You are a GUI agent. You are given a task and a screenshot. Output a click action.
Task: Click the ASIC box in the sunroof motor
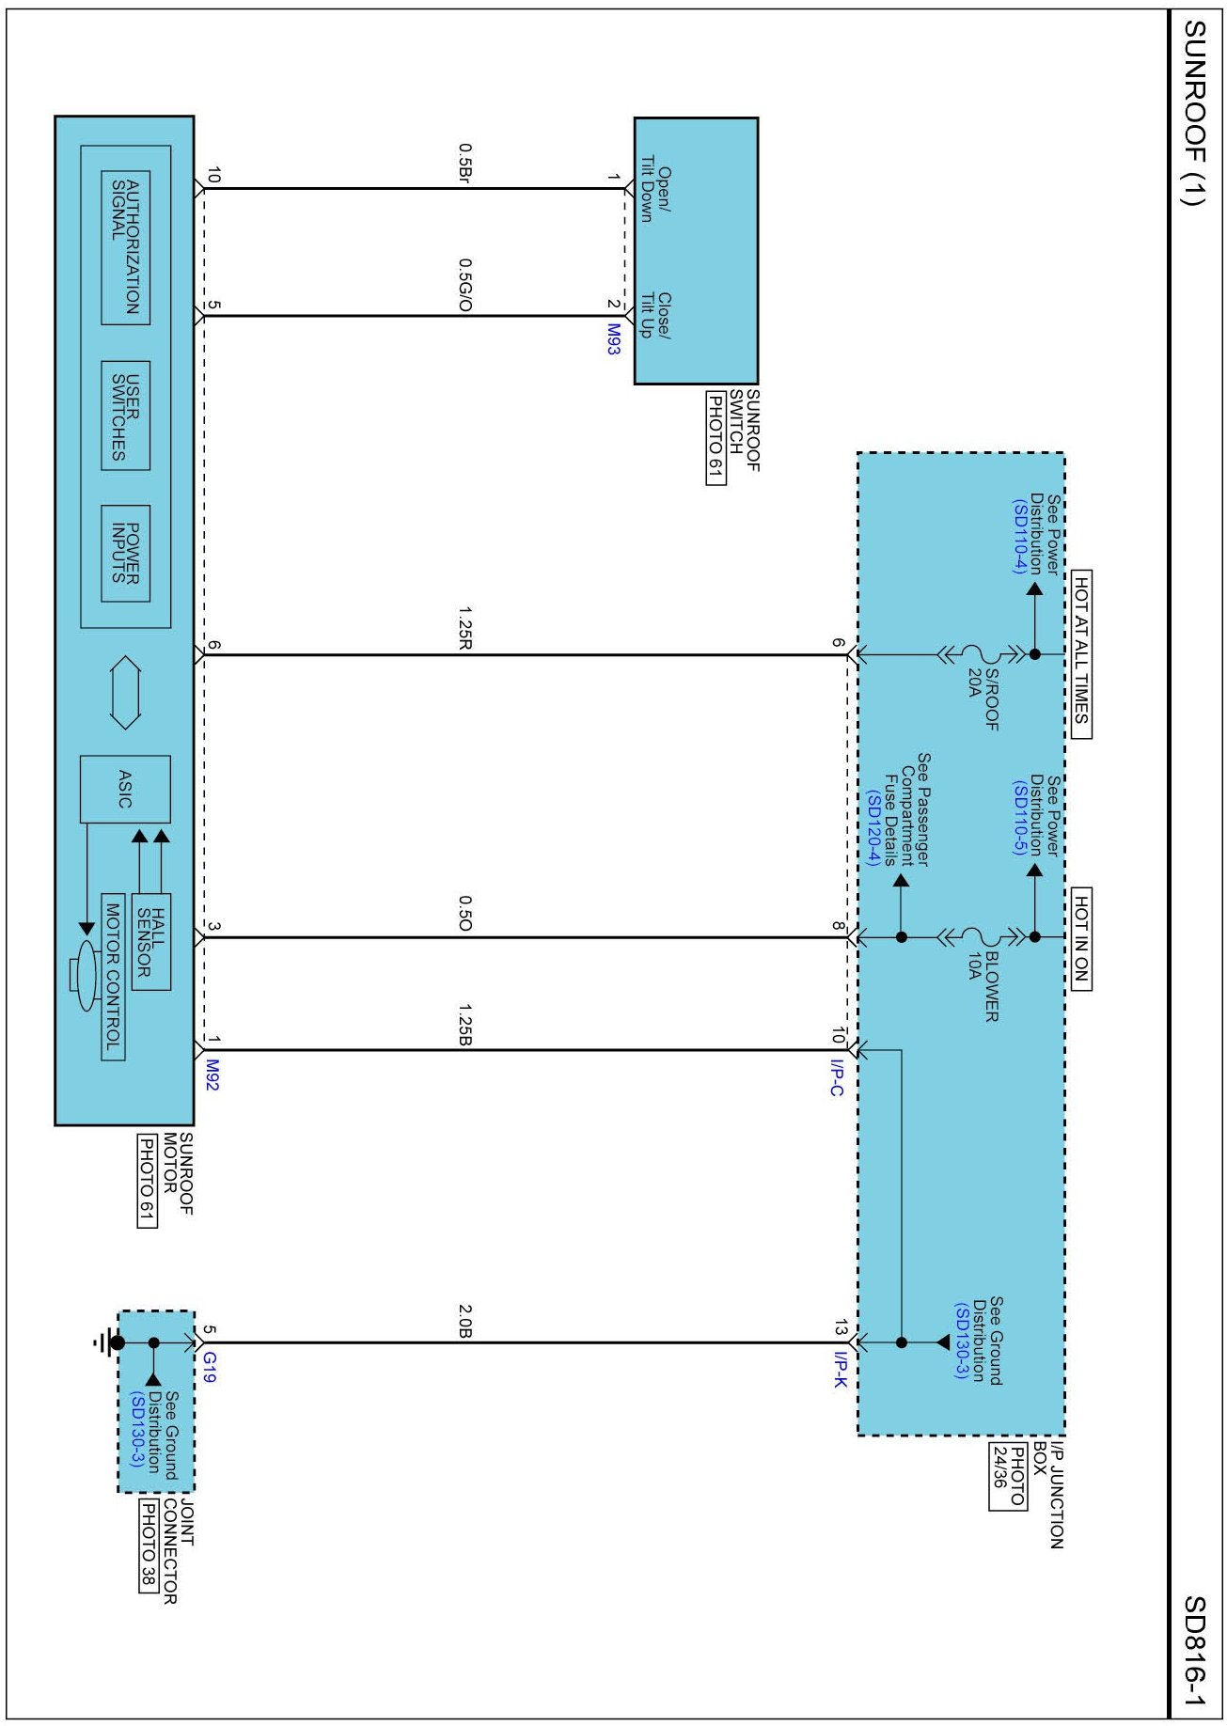[x=125, y=790]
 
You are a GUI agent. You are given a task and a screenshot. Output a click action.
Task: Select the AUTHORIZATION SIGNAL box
[x=125, y=247]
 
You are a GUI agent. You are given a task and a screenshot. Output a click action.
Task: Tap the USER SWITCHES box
[x=125, y=416]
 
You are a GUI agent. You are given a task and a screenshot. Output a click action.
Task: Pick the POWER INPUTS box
[x=125, y=554]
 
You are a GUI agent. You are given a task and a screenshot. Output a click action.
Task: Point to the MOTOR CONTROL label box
[x=113, y=977]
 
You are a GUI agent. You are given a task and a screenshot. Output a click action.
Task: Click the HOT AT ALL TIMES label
[x=1081, y=654]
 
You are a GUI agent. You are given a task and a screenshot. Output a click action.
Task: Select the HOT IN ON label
[x=1081, y=938]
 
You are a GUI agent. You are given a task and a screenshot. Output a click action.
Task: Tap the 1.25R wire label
[x=464, y=628]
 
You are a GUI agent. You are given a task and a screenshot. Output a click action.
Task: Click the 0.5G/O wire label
[x=464, y=286]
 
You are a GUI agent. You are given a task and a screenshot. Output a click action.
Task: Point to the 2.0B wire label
[x=464, y=1321]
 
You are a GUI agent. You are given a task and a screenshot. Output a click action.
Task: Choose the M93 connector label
[x=613, y=338]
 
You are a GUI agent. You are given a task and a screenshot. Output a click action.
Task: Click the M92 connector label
[x=212, y=1075]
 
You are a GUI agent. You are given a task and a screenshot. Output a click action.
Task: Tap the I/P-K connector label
[x=840, y=1369]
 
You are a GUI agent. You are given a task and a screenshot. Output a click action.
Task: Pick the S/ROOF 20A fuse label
[x=983, y=698]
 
